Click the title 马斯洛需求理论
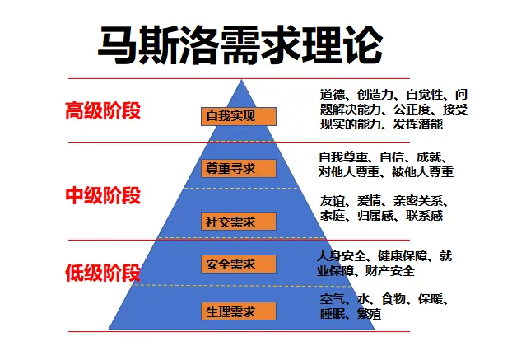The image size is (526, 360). click(240, 44)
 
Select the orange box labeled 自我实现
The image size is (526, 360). click(230, 116)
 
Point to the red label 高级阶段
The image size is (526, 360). click(103, 110)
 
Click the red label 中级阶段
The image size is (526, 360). click(103, 195)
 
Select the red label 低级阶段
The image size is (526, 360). click(103, 274)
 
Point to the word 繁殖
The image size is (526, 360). click(368, 314)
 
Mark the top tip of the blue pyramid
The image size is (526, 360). click(242, 80)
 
